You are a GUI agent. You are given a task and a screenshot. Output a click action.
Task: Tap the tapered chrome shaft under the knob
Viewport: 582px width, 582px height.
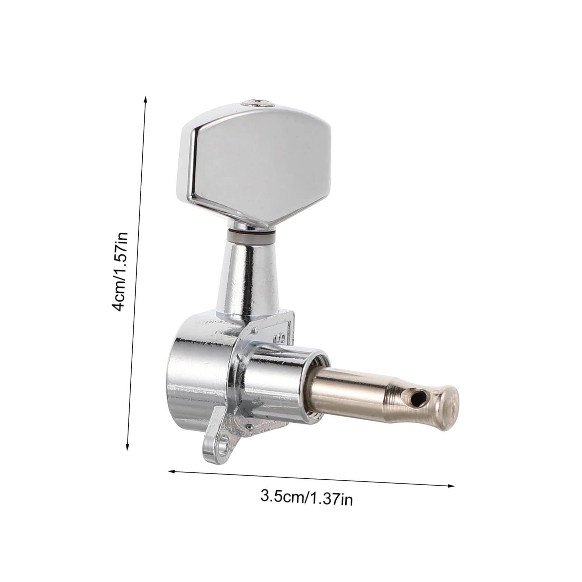tap(248, 276)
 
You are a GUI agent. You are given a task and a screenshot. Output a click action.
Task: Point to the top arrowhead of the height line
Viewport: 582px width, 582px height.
tap(145, 100)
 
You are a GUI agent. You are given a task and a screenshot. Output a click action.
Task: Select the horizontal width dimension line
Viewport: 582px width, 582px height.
tap(311, 478)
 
